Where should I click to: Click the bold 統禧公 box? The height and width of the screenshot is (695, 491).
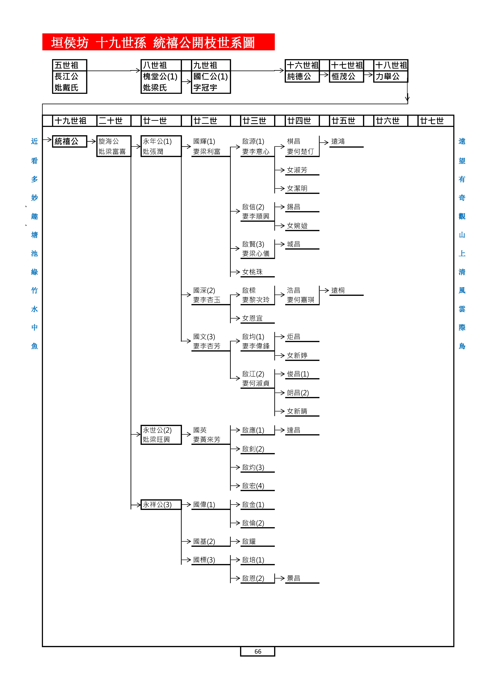coord(69,141)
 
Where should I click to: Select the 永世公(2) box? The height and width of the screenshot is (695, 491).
coord(161,434)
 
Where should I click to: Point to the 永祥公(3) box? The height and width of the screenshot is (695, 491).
coord(161,505)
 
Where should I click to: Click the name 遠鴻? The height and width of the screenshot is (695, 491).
coord(338,141)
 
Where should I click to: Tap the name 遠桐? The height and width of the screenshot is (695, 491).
coord(338,290)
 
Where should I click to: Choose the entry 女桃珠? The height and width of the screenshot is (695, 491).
coord(252,272)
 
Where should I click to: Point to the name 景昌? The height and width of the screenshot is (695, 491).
coord(293,578)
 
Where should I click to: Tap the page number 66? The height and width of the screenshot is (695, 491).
coord(258,651)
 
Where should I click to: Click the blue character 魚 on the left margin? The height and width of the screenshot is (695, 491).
coord(34,346)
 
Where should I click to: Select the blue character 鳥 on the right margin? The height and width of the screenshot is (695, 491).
coord(462,346)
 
